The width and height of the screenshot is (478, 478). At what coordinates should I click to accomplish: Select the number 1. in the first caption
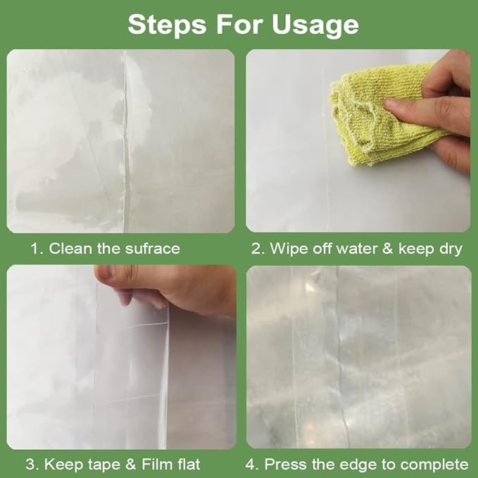[x=37, y=249]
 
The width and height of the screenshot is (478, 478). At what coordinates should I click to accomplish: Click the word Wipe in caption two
[x=289, y=249]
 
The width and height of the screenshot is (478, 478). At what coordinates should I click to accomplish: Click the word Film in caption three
[x=158, y=465]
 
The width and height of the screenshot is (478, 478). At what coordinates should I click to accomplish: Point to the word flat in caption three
[x=188, y=465]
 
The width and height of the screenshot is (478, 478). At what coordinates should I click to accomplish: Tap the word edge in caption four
[x=358, y=465]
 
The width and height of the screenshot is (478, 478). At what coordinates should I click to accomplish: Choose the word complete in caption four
[x=436, y=465]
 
